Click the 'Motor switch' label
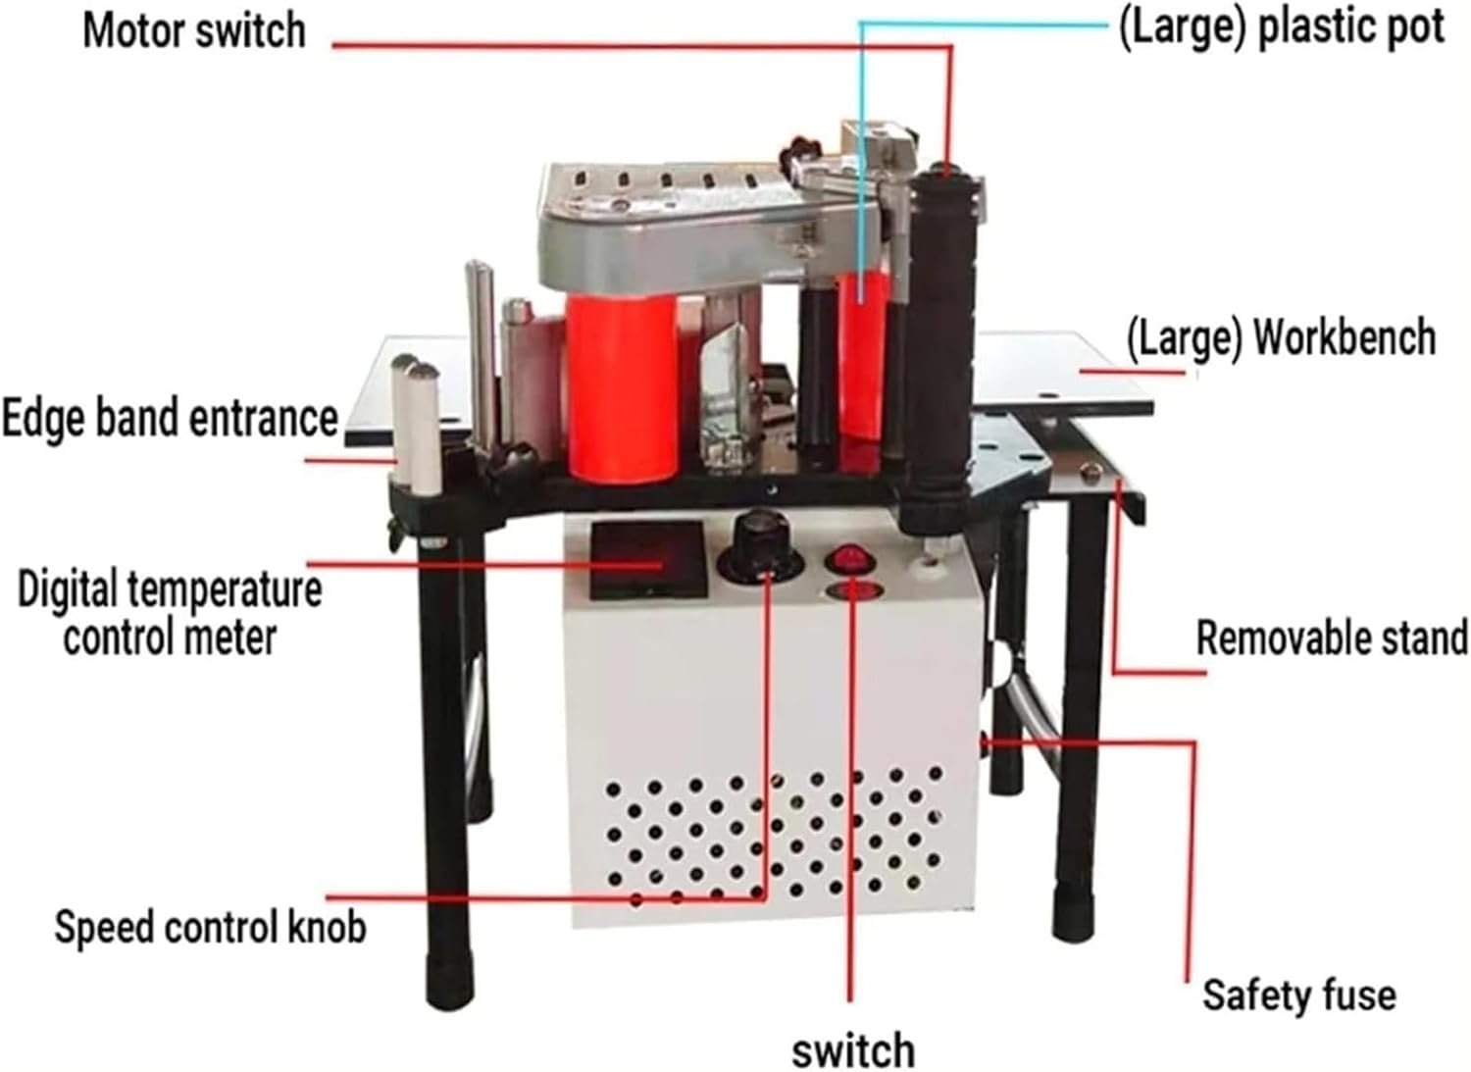[x=194, y=30]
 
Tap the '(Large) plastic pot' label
[x=1281, y=28]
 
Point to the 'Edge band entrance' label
[x=170, y=418]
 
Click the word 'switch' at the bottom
[x=853, y=1049]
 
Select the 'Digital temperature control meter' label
[x=170, y=613]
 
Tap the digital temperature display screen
[x=647, y=560]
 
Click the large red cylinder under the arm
[x=621, y=387]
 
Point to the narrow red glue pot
[x=864, y=357]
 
